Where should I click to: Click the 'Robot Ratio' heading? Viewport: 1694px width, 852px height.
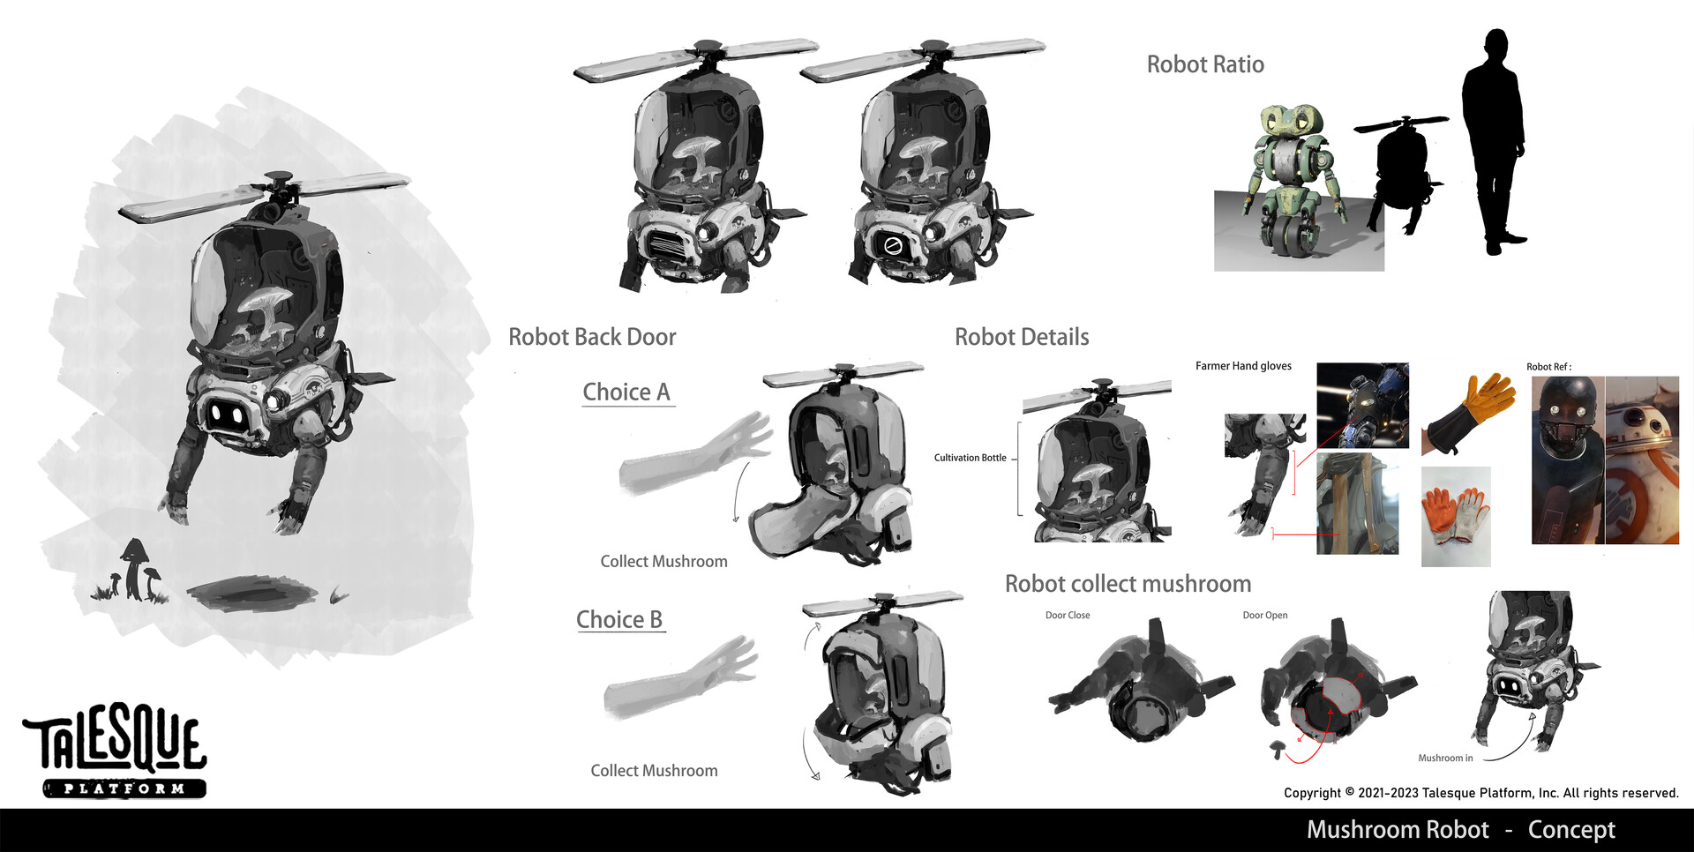point(1205,64)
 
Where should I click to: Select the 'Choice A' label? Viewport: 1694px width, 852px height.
point(626,392)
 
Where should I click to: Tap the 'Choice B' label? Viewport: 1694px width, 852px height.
point(619,619)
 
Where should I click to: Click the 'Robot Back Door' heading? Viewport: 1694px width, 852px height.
point(592,337)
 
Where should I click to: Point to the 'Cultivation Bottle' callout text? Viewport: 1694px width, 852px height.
point(970,458)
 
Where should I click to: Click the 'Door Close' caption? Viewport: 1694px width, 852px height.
point(1068,616)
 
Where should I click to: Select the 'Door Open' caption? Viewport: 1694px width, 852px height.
point(1265,616)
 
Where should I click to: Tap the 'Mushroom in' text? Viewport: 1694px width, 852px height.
point(1445,759)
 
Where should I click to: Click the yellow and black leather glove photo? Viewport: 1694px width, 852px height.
point(1469,413)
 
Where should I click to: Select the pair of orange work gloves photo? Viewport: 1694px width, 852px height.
point(1456,515)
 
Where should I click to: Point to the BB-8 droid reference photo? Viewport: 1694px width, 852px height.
point(1642,460)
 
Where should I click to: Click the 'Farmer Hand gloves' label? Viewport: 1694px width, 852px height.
point(1243,366)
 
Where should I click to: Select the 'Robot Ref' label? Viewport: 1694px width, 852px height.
point(1548,367)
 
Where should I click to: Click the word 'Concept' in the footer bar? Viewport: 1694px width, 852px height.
point(1571,830)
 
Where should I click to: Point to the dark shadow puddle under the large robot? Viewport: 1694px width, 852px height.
point(251,593)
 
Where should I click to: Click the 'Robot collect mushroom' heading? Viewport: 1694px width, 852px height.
point(1128,584)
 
